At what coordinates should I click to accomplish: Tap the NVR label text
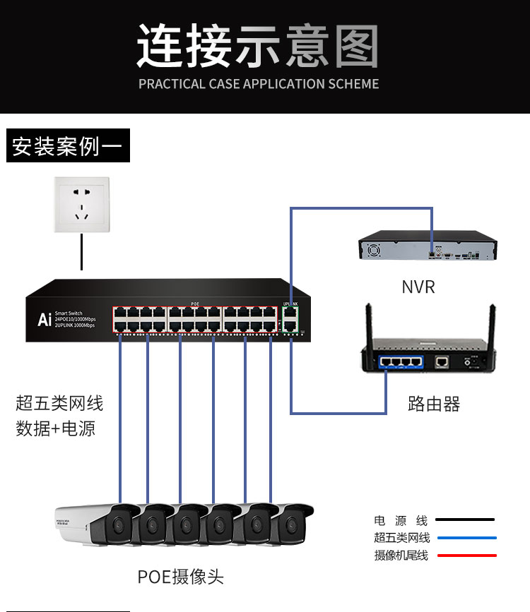coord(418,287)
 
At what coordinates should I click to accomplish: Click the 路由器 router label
coord(433,404)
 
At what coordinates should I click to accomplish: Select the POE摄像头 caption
coord(180,577)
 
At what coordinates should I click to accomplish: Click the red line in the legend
coord(466,556)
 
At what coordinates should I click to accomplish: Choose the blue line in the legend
coord(466,538)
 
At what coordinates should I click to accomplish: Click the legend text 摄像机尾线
coord(401,556)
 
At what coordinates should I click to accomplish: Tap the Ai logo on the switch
coord(44,320)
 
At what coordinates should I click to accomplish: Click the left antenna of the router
coord(369,325)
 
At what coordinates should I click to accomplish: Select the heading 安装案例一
coord(68,147)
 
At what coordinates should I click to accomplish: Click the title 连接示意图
coord(258,47)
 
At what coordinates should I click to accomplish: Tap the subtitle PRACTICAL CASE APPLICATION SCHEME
coord(259,84)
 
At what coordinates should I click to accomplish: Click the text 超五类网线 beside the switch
coord(59,404)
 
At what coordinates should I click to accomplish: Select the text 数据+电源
coord(55,428)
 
